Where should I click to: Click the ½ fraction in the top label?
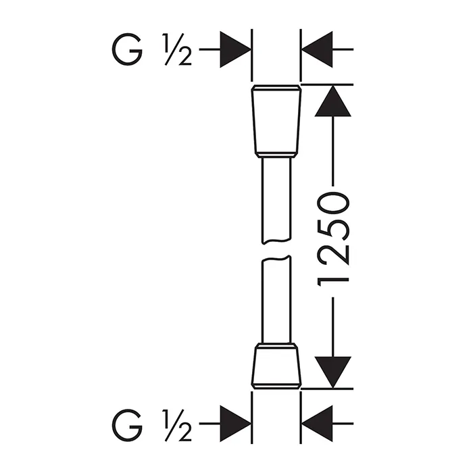coord(177,49)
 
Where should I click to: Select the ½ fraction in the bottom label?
coord(177,425)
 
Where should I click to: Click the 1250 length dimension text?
coord(333,241)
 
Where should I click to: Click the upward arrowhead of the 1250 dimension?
coord(332,101)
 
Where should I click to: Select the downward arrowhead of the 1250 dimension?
coord(332,372)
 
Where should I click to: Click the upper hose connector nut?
coord(276,121)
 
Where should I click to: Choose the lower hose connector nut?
coord(276,366)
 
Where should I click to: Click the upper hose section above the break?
coord(276,200)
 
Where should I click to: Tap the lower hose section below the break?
coord(276,299)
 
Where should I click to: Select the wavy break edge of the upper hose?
coord(276,241)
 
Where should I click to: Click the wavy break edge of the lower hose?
coord(276,258)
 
